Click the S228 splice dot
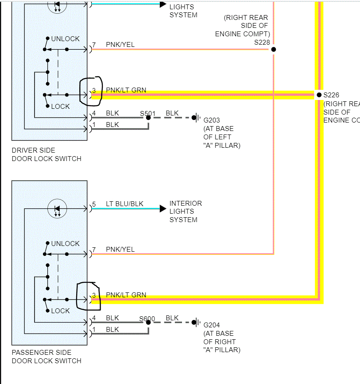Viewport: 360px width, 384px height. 274,49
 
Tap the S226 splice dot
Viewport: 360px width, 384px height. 318,95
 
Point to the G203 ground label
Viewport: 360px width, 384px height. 212,120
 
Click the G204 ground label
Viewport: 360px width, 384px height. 212,325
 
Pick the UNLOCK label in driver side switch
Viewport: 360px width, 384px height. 66,39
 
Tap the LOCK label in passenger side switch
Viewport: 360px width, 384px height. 61,311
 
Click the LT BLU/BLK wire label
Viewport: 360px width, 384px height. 124,204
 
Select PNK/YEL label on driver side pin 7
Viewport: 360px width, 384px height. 120,45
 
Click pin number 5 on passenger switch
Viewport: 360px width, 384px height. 93,204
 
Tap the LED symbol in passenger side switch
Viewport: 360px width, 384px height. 57,208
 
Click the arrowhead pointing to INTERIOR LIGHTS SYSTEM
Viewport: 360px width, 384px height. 163,208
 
